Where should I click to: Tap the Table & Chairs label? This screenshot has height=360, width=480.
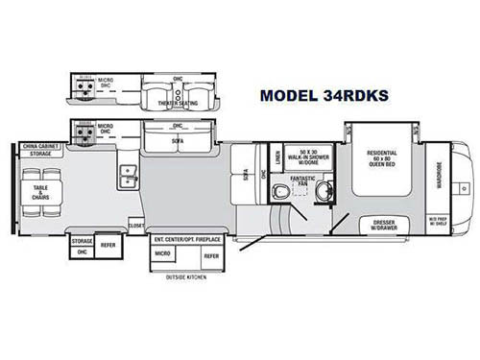[39, 190]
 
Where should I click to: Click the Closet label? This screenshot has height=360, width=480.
[137, 225]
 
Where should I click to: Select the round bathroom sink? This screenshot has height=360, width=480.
[323, 190]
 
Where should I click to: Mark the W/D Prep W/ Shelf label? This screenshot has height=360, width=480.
[437, 222]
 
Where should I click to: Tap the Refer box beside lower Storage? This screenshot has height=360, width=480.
[108, 245]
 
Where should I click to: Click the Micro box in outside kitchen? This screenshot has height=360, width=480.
[165, 255]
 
